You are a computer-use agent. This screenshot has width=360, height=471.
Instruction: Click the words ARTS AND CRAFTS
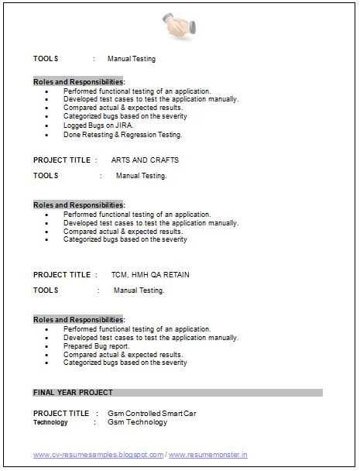pyautogui.click(x=145, y=160)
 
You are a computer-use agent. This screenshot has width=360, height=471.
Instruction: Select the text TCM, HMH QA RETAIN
pyautogui.click(x=150, y=275)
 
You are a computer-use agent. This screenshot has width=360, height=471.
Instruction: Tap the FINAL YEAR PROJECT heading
pyautogui.click(x=73, y=393)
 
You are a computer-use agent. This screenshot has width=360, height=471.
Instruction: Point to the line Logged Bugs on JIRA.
pyautogui.click(x=98, y=125)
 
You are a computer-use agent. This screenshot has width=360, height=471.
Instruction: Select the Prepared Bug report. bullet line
pyautogui.click(x=97, y=346)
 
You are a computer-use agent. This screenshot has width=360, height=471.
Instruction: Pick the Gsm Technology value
pyautogui.click(x=137, y=423)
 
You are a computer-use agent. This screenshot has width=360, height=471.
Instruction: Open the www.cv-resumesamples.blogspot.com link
pyautogui.click(x=98, y=456)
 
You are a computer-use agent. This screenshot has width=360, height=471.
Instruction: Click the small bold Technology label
pyautogui.click(x=50, y=423)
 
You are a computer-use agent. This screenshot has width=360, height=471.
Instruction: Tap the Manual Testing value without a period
pyautogui.click(x=132, y=59)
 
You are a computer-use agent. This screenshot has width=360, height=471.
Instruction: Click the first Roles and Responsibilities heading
pyautogui.click(x=78, y=82)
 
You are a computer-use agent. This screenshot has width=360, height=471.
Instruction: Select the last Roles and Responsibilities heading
pyautogui.click(x=78, y=320)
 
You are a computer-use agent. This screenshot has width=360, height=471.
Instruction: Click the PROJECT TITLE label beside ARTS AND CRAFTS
pyautogui.click(x=62, y=160)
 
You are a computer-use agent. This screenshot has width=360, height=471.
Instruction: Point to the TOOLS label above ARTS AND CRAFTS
pyautogui.click(x=46, y=59)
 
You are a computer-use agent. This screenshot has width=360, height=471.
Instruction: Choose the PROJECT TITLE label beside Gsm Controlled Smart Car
pyautogui.click(x=61, y=414)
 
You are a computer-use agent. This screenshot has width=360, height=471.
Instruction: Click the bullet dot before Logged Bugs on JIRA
pyautogui.click(x=46, y=125)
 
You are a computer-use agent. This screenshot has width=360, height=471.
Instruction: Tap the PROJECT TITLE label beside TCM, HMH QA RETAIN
pyautogui.click(x=62, y=275)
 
